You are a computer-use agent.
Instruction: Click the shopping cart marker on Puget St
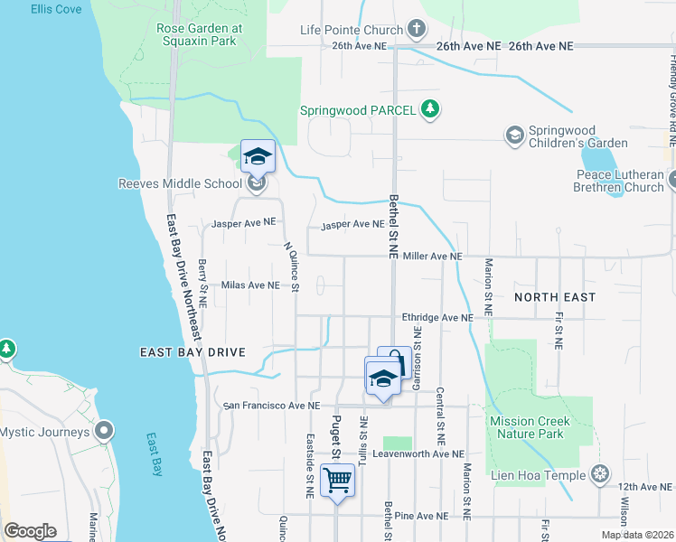click(x=337, y=480)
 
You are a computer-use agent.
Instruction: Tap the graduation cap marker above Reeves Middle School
click(x=258, y=156)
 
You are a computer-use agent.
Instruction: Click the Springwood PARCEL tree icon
click(x=431, y=110)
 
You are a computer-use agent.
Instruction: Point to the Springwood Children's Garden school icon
click(x=514, y=135)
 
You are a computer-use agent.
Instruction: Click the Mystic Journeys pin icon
click(x=106, y=432)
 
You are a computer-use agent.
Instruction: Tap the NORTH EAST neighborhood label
click(x=555, y=297)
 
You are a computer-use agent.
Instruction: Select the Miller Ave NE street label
click(x=433, y=257)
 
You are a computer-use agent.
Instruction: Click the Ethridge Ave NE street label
click(x=437, y=318)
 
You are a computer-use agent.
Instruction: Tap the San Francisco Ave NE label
click(x=273, y=406)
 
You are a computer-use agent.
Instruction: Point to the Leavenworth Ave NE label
click(x=418, y=453)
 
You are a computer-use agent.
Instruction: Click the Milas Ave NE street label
click(x=249, y=285)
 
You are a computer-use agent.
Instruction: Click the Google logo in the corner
click(x=30, y=531)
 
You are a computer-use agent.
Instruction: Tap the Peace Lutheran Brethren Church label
click(x=618, y=182)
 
